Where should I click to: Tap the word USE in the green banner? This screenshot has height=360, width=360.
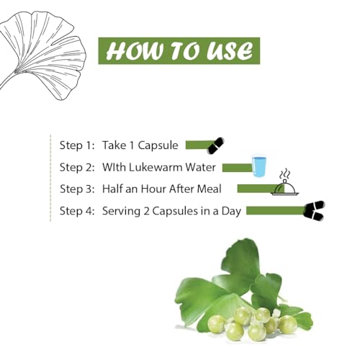coord(230,51)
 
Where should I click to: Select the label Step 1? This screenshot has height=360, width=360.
coord(77,145)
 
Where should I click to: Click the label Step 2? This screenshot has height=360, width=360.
coord(77,167)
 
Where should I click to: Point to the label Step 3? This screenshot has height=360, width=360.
coord(77,189)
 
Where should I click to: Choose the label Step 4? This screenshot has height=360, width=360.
coord(77,211)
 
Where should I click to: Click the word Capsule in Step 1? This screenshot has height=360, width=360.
coord(158,145)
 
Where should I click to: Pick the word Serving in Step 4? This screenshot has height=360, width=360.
coord(121,212)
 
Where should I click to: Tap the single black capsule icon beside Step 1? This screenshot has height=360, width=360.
coord(216,145)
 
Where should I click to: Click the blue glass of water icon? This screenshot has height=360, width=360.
coord(259,166)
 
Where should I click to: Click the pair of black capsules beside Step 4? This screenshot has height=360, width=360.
coord(314,211)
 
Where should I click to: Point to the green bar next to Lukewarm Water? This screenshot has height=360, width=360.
coord(237,168)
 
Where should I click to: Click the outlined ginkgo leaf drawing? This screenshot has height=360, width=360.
coord(42,55)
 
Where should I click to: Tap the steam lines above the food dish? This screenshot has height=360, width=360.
coord(285,174)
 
